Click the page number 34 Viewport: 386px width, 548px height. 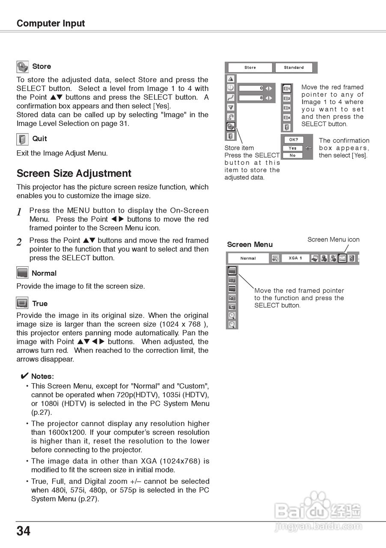[24, 531]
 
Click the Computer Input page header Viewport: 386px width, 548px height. [50, 24]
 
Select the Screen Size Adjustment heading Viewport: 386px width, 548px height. [74, 173]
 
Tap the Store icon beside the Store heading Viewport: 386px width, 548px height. [22, 67]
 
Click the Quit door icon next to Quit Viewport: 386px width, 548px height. [22, 139]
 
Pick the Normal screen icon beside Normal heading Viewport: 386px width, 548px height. [22, 273]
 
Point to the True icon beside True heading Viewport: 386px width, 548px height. [22, 304]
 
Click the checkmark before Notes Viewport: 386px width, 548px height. [24, 376]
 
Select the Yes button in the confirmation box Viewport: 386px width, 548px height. [293, 148]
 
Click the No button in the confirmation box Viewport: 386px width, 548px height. [293, 155]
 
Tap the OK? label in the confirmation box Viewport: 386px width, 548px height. [293, 140]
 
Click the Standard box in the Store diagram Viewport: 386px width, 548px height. [294, 68]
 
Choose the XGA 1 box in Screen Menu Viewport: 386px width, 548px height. [295, 258]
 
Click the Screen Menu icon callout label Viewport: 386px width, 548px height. [333, 240]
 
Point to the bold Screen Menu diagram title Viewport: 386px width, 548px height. [249, 244]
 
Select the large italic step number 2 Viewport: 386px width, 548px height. [19, 242]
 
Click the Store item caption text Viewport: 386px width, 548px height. [239, 148]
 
